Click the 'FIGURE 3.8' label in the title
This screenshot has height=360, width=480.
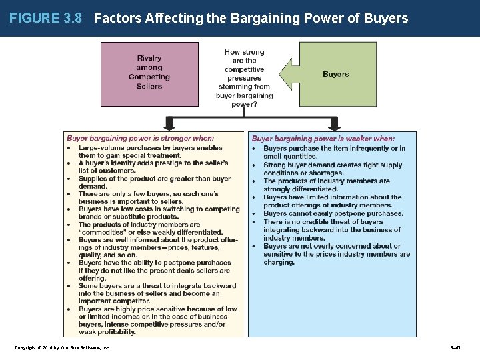(x=45, y=18)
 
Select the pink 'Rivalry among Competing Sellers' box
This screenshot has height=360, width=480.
(x=149, y=73)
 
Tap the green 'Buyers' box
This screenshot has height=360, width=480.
(x=335, y=74)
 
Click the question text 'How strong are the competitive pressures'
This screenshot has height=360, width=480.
(x=244, y=61)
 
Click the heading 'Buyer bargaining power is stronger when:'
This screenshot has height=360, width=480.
(x=140, y=139)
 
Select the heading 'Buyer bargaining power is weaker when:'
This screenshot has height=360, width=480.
(x=323, y=139)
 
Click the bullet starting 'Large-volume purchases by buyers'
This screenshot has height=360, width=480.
(x=150, y=151)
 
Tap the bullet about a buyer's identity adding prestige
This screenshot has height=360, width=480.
(x=153, y=167)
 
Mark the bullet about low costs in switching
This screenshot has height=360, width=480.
(x=159, y=213)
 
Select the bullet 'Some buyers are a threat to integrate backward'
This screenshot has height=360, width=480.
(x=157, y=293)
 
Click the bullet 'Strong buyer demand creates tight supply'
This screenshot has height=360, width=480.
(x=333, y=169)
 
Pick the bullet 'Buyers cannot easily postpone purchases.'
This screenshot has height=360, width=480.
(x=333, y=213)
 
